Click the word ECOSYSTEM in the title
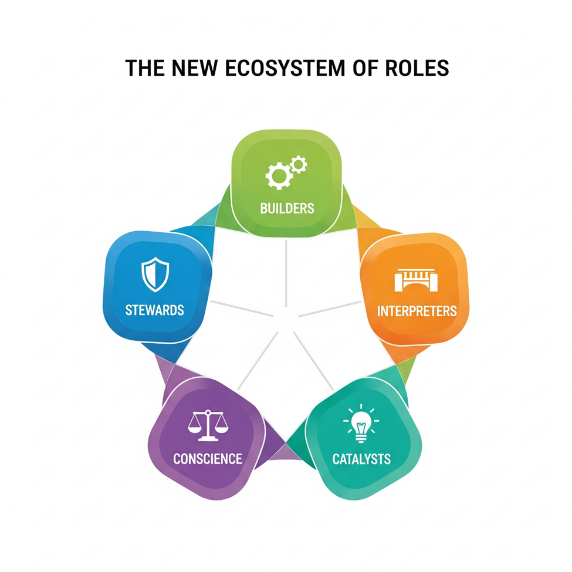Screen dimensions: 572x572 coord(285,68)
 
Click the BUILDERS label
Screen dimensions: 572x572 coord(287,208)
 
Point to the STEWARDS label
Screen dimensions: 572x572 coord(155,310)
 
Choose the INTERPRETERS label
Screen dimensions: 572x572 coord(417,311)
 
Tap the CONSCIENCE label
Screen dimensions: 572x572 coord(208,459)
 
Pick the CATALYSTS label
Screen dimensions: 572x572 coord(361,459)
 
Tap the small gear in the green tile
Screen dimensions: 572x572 coord(299,165)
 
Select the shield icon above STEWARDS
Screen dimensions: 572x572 coord(155,275)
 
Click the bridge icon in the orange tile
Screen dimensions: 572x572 coord(416,280)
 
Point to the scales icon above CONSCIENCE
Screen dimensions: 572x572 coord(208,425)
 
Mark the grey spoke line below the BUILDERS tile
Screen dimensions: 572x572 coord(286,273)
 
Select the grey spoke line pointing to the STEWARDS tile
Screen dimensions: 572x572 coord(242,308)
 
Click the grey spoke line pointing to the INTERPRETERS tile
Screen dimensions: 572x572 coord(330,309)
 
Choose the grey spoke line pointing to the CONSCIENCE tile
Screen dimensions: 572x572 coord(258,361)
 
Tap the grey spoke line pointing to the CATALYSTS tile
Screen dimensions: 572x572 coord(314,361)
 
